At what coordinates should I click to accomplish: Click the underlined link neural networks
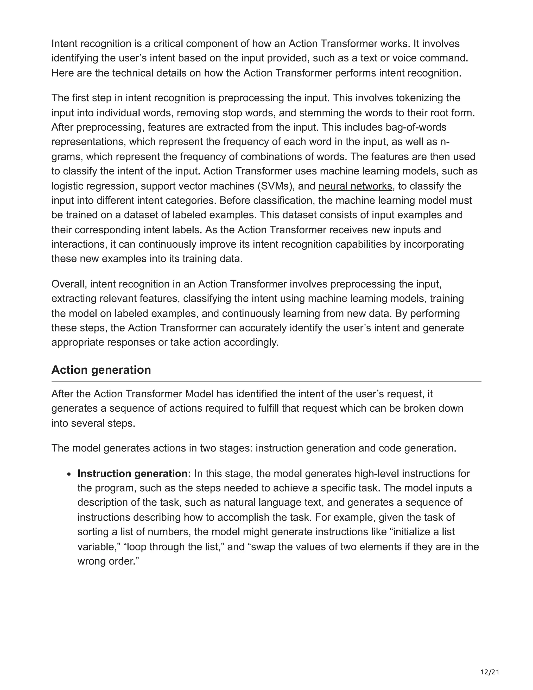click(x=355, y=186)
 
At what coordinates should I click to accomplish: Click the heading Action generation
click(x=101, y=370)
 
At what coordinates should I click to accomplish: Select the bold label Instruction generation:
click(x=134, y=474)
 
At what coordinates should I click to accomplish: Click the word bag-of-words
click(x=416, y=127)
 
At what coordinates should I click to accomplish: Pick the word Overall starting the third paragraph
click(x=69, y=284)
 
